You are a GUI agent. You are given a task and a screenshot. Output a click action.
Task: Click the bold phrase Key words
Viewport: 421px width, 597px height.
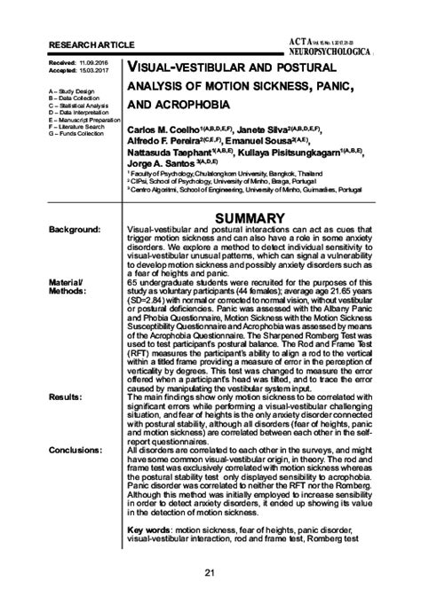click(x=147, y=529)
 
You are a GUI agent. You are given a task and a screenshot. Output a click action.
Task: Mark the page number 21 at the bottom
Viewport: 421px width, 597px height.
click(x=210, y=572)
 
